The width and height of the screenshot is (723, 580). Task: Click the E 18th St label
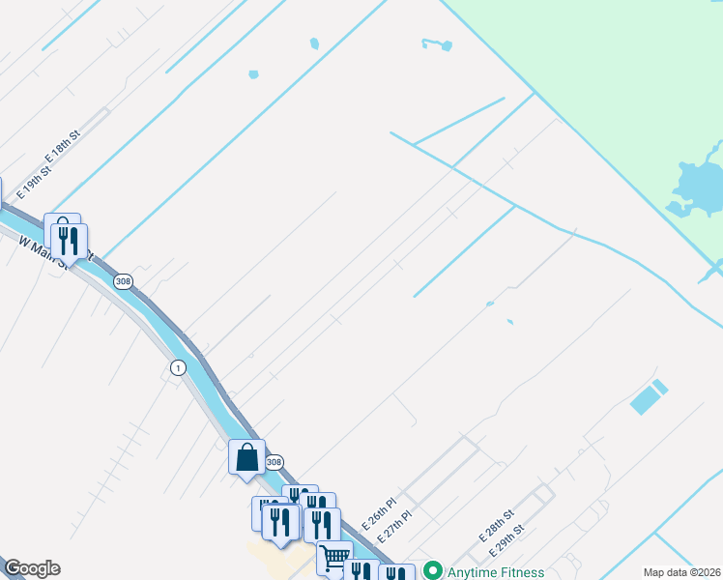click(x=61, y=145)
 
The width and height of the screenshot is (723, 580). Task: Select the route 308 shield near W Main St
click(x=123, y=281)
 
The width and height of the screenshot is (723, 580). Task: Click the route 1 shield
click(x=177, y=367)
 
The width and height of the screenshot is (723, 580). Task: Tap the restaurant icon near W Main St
click(x=70, y=242)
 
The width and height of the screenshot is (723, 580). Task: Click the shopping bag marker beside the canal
click(x=246, y=456)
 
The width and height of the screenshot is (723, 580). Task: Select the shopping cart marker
click(x=334, y=558)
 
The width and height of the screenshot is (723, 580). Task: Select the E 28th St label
click(x=496, y=527)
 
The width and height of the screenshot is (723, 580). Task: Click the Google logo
click(x=32, y=569)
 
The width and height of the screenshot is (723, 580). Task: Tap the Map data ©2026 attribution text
click(x=681, y=572)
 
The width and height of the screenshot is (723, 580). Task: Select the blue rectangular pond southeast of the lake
click(x=649, y=397)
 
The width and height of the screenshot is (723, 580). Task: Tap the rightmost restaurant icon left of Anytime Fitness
click(x=397, y=574)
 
